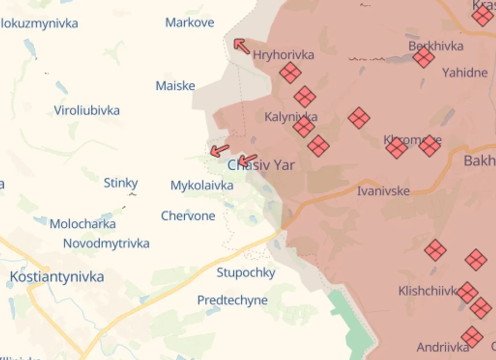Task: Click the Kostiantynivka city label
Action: (57, 277)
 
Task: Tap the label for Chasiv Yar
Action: (261, 166)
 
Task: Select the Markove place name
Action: (189, 23)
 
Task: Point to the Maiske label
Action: (175, 86)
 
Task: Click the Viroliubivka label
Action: (87, 111)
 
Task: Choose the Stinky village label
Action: (120, 183)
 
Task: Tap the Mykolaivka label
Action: (202, 186)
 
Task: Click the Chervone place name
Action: (188, 216)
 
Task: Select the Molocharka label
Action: (82, 224)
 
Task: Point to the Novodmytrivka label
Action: (106, 244)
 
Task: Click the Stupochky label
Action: (246, 273)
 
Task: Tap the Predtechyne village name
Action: (232, 300)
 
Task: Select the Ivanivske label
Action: (383, 191)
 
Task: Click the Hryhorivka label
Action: (283, 55)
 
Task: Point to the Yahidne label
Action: (464, 73)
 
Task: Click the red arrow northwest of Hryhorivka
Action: (242, 46)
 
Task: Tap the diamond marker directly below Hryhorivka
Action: (290, 73)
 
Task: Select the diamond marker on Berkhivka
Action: (424, 57)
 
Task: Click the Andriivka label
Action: (443, 347)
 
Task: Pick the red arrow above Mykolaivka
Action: (220, 151)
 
